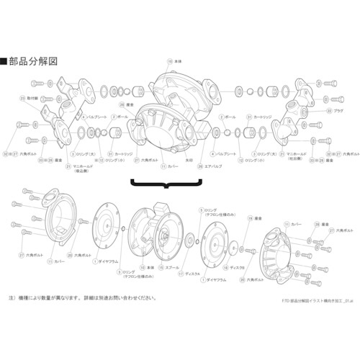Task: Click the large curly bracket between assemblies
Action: (166, 186)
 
